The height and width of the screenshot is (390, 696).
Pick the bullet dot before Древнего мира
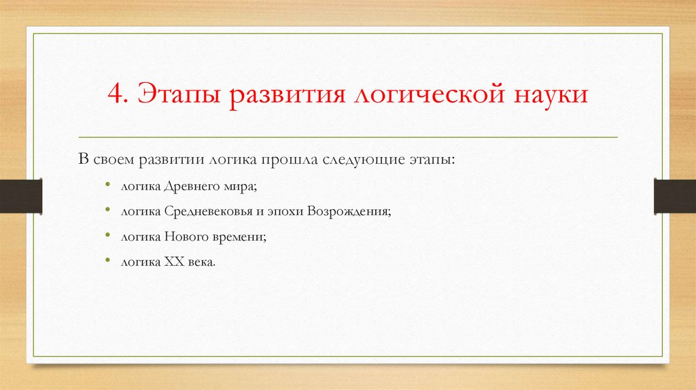tap(108, 185)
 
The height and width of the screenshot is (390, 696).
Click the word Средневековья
tap(198, 211)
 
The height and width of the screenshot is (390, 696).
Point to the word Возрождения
tap(349, 211)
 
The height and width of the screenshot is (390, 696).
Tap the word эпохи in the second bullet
tap(285, 211)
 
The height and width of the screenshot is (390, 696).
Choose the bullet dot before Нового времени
tap(108, 235)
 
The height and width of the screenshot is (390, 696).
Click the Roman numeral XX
tap(171, 262)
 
